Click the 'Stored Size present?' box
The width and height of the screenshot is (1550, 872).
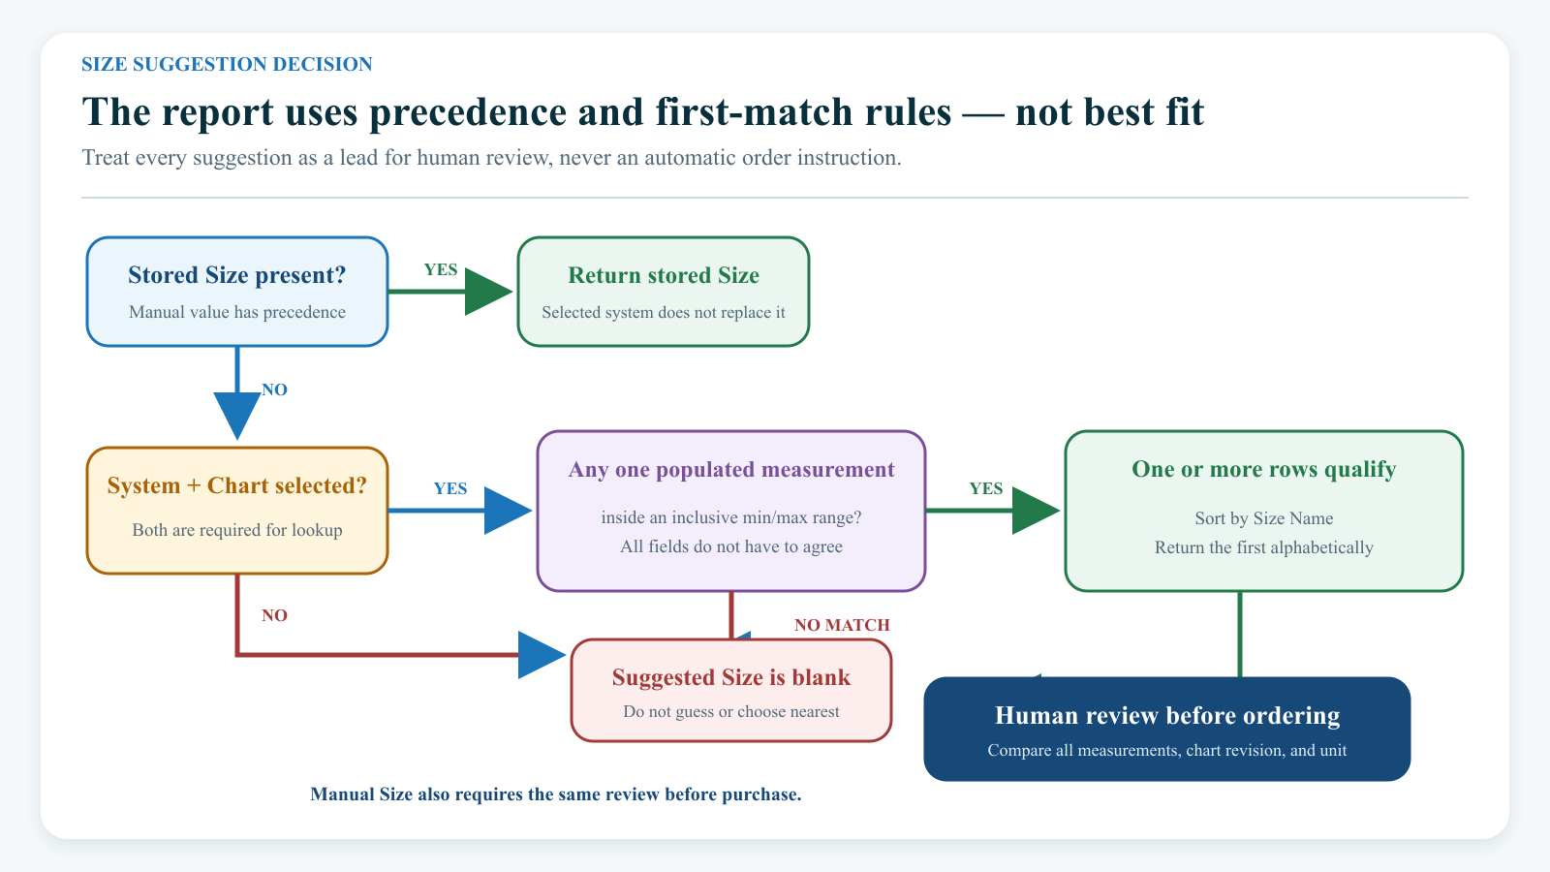coord(236,292)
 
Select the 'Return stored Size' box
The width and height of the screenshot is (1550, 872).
coord(663,292)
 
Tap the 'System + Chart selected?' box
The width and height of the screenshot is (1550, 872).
coord(236,511)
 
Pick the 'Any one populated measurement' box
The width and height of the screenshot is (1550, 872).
coord(730,511)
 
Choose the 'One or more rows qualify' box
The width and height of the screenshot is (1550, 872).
coord(1263,511)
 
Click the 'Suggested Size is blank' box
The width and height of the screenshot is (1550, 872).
coord(730,691)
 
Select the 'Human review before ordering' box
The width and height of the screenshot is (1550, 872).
coord(1166,729)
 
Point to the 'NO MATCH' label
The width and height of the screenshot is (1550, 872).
coord(842,625)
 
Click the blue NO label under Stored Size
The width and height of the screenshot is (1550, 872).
coord(274,389)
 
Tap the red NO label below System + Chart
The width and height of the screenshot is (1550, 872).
coord(274,615)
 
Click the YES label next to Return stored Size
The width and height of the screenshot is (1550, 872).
coord(441,269)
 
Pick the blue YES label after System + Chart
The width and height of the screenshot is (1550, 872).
coord(450,488)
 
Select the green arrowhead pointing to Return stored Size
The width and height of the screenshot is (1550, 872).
coord(488,292)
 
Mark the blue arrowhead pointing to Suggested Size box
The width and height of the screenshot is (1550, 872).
coord(542,655)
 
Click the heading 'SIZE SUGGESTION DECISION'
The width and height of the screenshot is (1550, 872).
coord(227,64)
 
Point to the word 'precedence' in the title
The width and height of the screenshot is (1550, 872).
coord(468,111)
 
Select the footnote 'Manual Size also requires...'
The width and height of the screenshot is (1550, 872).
coord(556,794)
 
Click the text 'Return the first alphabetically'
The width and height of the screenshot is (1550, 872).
coord(1263,547)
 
